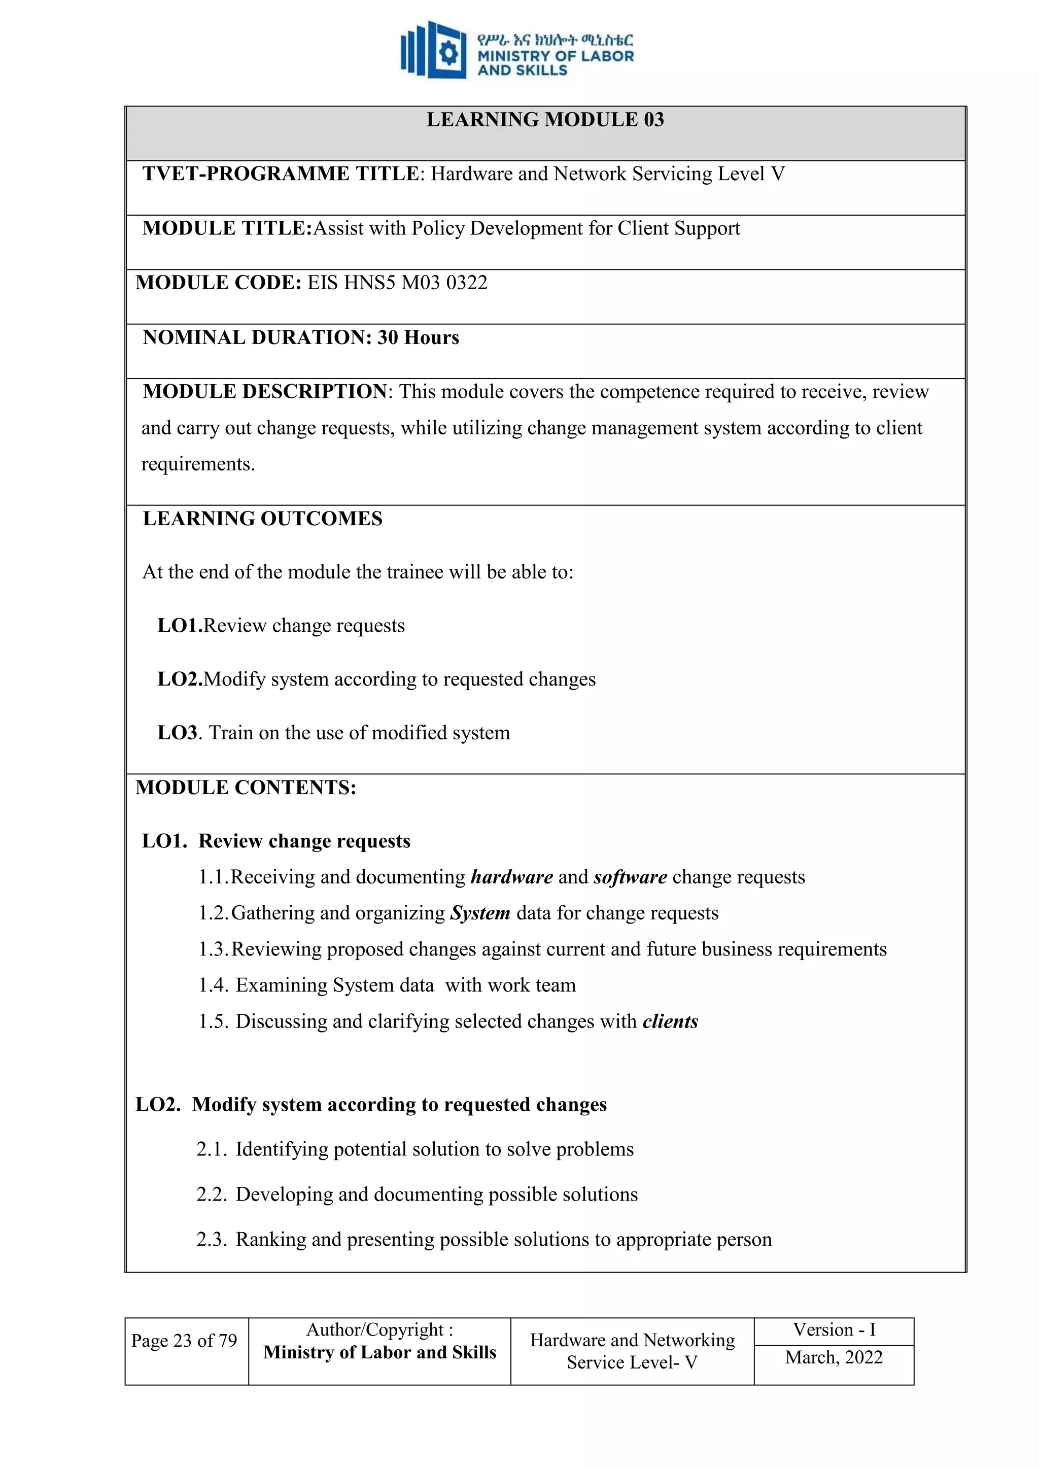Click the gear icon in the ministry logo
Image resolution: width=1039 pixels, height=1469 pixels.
click(x=448, y=53)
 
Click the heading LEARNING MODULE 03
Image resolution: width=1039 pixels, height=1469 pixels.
click(x=545, y=120)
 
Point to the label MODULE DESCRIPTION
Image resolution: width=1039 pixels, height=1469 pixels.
click(x=265, y=392)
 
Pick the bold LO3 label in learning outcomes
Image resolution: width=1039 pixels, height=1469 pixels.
click(x=177, y=733)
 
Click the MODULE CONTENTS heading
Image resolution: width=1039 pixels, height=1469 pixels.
click(x=246, y=788)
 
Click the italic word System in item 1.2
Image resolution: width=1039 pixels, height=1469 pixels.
click(x=480, y=913)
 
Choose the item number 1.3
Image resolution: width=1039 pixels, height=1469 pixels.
click(x=213, y=949)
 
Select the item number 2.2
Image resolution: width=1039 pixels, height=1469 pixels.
click(x=211, y=1194)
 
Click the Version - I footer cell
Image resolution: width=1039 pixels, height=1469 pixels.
click(x=834, y=1329)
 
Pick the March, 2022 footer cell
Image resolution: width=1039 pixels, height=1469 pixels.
click(x=834, y=1357)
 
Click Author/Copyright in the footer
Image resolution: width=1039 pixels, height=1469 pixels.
click(x=379, y=1329)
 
